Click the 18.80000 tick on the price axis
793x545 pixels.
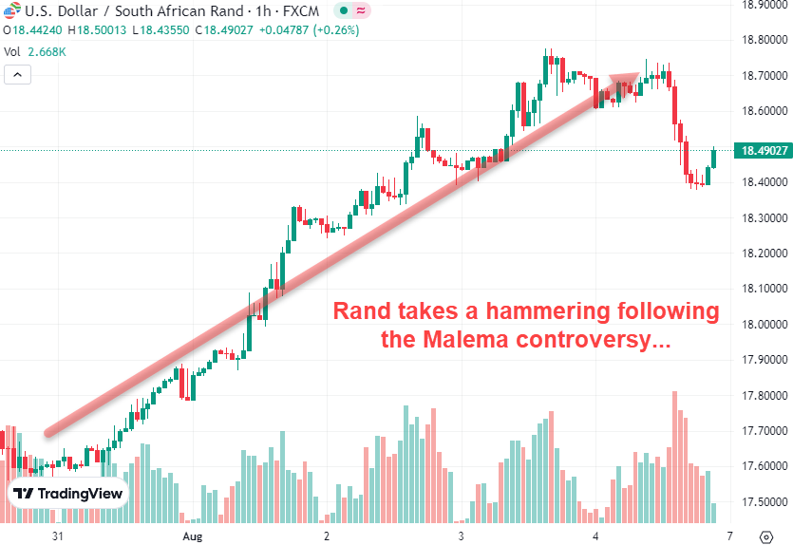click(764, 40)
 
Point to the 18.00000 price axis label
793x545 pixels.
click(764, 324)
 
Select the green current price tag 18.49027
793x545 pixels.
click(764, 151)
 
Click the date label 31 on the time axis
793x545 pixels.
click(58, 536)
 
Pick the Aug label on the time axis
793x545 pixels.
click(193, 536)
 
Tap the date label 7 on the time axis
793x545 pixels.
click(730, 536)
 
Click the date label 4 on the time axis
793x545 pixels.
click(595, 536)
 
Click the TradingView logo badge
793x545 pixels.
click(68, 494)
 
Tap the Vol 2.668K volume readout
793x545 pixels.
click(35, 51)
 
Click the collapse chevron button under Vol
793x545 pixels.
click(16, 74)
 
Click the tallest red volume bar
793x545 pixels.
click(674, 456)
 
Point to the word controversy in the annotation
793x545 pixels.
click(587, 340)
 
